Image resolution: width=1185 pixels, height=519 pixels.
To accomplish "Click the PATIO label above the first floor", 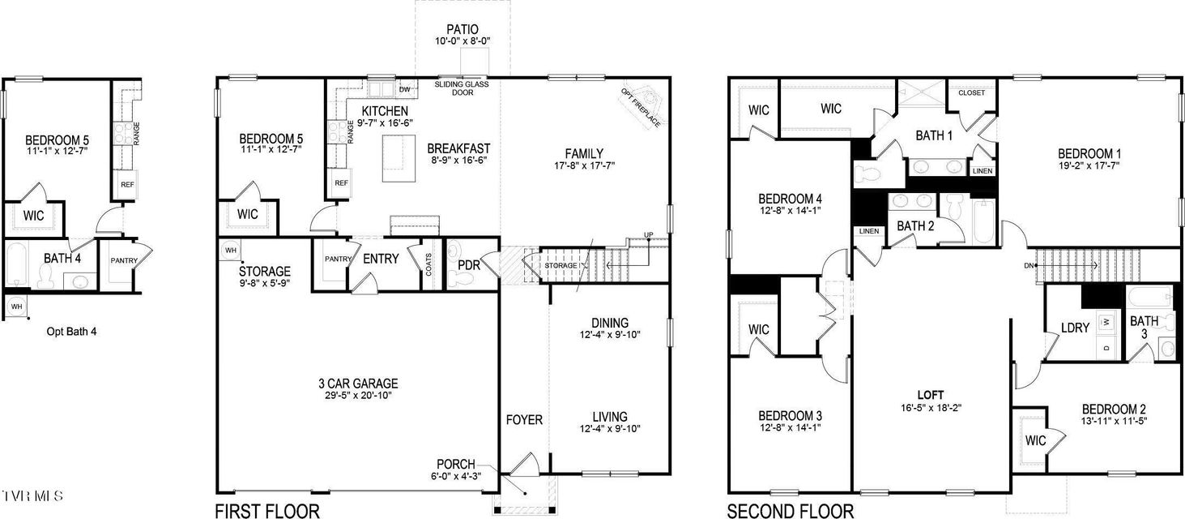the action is [x=462, y=30].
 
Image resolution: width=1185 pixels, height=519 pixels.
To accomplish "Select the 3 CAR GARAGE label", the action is [x=358, y=384].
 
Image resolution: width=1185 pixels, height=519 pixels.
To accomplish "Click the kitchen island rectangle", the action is [x=399, y=158].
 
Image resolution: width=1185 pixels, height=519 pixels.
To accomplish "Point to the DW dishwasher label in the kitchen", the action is [x=405, y=89].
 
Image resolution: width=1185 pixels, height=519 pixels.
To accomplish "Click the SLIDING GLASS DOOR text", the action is [x=462, y=88].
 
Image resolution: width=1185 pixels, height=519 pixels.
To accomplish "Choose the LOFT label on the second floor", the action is [x=931, y=395].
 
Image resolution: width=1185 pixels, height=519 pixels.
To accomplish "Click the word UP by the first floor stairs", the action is [x=648, y=234].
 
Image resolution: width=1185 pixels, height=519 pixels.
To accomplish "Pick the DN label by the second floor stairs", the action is [x=1029, y=266].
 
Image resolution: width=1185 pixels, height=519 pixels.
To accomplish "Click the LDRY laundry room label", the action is [x=1075, y=328].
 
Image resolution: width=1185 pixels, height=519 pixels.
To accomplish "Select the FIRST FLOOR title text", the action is [x=267, y=511].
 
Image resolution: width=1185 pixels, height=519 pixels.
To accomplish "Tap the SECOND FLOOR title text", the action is [x=791, y=511].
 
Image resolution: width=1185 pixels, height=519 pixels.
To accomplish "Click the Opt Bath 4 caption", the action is [x=71, y=332].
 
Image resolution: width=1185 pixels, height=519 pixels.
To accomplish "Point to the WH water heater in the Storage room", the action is [x=231, y=250].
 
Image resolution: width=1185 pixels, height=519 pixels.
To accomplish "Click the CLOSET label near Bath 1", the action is [x=972, y=92].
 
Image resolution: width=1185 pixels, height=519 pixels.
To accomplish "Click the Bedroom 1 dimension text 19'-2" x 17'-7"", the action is [x=1089, y=165].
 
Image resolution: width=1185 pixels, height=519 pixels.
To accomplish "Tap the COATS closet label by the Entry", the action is [x=428, y=264].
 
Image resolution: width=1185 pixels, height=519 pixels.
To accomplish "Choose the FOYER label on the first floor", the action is [x=524, y=420].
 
